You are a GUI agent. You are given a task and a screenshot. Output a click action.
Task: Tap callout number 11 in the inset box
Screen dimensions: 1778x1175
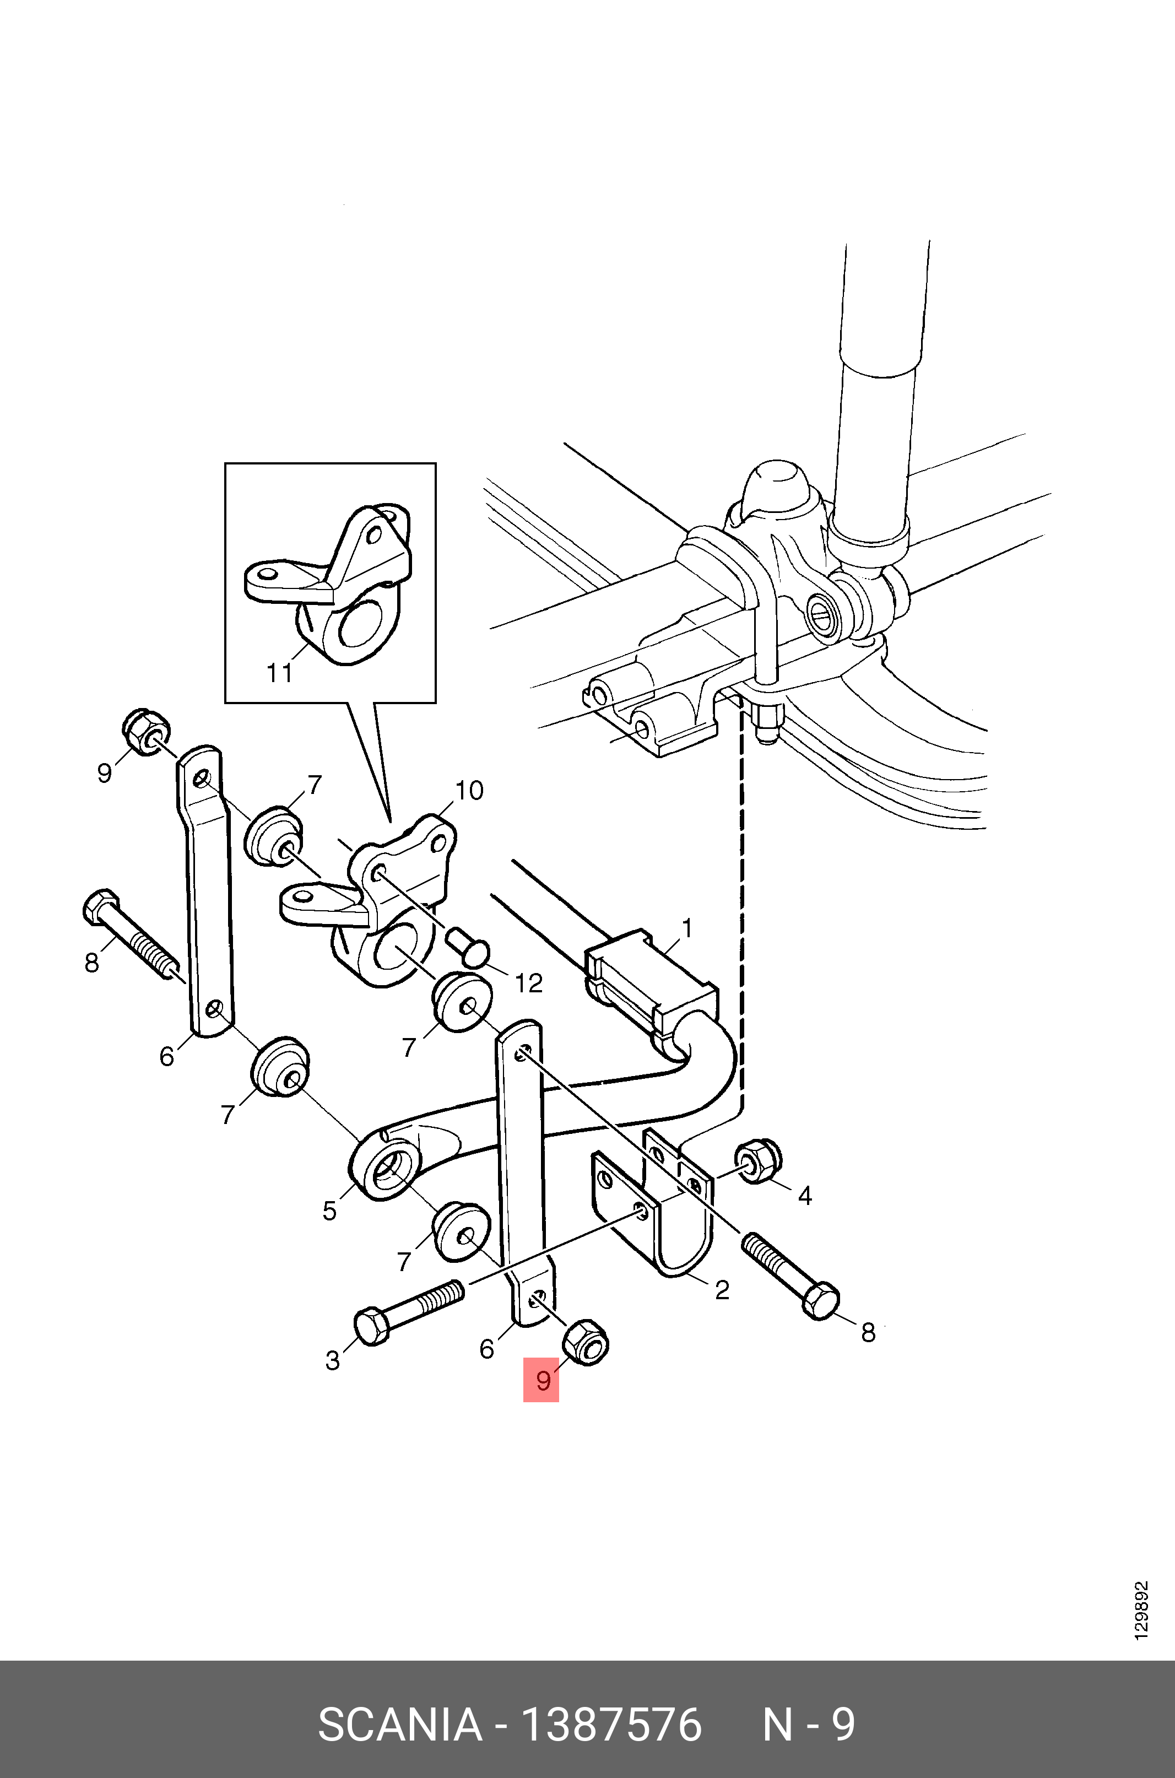(x=279, y=672)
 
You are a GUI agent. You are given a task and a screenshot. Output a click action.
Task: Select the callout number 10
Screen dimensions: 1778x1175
(x=469, y=790)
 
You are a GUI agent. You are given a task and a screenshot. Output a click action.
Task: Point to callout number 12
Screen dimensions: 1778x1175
(x=528, y=983)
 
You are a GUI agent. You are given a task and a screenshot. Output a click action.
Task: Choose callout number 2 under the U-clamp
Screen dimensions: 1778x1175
(x=722, y=1289)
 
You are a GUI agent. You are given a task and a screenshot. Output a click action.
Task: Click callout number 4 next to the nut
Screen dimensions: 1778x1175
(x=805, y=1196)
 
